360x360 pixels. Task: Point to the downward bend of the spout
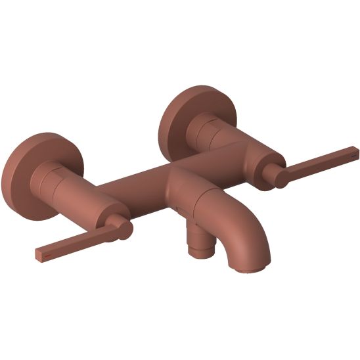click(253, 233)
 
